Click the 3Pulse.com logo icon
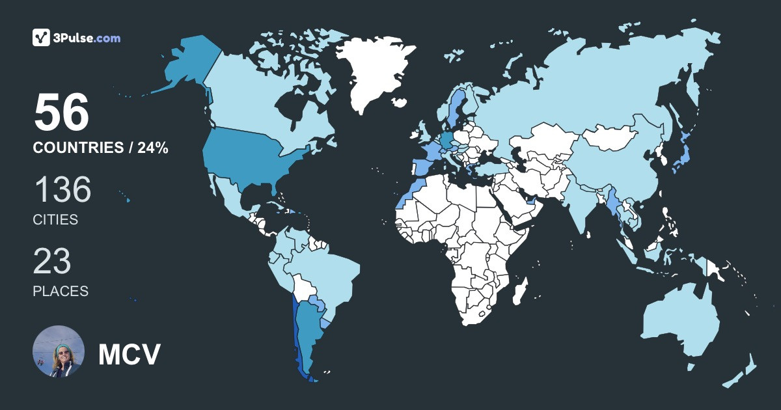[42, 38]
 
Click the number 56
[61, 113]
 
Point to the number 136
[62, 190]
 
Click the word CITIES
[55, 220]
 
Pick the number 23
[52, 261]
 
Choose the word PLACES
[61, 291]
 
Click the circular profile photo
[59, 351]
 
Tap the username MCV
[129, 354]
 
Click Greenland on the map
[377, 72]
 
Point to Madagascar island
[519, 291]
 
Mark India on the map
[582, 202]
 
